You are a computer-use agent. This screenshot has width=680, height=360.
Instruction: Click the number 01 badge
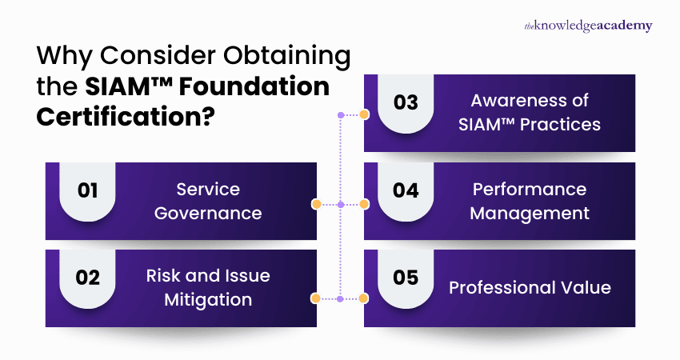click(x=87, y=191)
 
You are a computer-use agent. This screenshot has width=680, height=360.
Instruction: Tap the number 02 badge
click(x=87, y=278)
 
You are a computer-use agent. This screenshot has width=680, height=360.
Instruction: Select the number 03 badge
click(x=406, y=103)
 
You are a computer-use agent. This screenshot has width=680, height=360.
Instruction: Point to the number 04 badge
click(x=406, y=191)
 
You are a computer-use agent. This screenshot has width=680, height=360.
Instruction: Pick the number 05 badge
click(x=406, y=278)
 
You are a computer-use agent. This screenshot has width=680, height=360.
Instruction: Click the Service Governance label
click(x=208, y=201)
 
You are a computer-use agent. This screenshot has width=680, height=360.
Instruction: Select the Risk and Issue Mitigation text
click(x=208, y=287)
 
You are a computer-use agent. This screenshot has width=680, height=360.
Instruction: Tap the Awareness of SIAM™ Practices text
click(x=529, y=113)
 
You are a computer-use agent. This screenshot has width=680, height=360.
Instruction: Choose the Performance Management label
click(x=529, y=201)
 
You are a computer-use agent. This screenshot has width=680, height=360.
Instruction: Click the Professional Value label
click(x=529, y=287)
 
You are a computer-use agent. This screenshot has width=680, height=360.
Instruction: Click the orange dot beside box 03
click(x=364, y=115)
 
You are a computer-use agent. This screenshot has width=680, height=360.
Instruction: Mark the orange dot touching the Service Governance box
click(x=317, y=205)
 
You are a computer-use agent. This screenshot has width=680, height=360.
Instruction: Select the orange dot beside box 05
click(x=364, y=298)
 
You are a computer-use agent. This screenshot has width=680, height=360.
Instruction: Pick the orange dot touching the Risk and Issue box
click(x=317, y=298)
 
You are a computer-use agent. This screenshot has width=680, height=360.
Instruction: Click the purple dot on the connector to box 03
click(x=341, y=115)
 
